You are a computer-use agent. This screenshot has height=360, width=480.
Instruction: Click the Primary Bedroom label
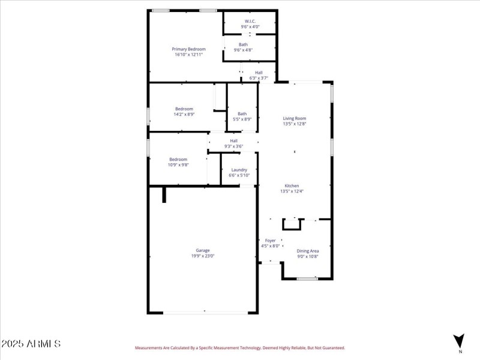[188, 49]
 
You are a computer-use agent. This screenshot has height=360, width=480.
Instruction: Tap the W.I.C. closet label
[250, 22]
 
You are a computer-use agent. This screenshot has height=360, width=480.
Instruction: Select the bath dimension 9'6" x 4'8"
[243, 50]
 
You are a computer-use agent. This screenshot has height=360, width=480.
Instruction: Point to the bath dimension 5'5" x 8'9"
[242, 119]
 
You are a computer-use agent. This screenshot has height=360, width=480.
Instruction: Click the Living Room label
[295, 118]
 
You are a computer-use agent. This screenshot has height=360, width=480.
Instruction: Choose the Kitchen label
[292, 186]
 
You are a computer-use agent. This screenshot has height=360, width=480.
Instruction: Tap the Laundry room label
[239, 170]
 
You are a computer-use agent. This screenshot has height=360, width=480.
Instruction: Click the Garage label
[203, 250]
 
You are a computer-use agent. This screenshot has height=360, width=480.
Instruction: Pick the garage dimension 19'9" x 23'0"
[203, 256]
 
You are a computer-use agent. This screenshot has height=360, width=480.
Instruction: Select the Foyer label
[270, 241]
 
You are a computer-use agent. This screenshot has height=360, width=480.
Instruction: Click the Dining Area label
[308, 251]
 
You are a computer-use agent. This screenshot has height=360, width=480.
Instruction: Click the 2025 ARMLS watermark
[31, 344]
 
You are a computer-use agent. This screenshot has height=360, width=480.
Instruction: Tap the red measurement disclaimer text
[239, 348]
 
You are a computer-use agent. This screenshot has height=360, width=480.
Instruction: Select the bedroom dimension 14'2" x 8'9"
[184, 114]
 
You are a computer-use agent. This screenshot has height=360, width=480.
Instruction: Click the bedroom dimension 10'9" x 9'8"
[178, 165]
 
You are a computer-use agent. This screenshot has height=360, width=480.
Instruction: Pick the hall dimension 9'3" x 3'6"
[233, 146]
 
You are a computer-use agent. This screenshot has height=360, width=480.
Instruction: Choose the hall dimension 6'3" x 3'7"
[259, 78]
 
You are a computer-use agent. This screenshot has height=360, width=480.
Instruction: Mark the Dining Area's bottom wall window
[307, 278]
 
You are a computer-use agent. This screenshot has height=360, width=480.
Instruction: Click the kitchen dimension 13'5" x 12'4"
[292, 191]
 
